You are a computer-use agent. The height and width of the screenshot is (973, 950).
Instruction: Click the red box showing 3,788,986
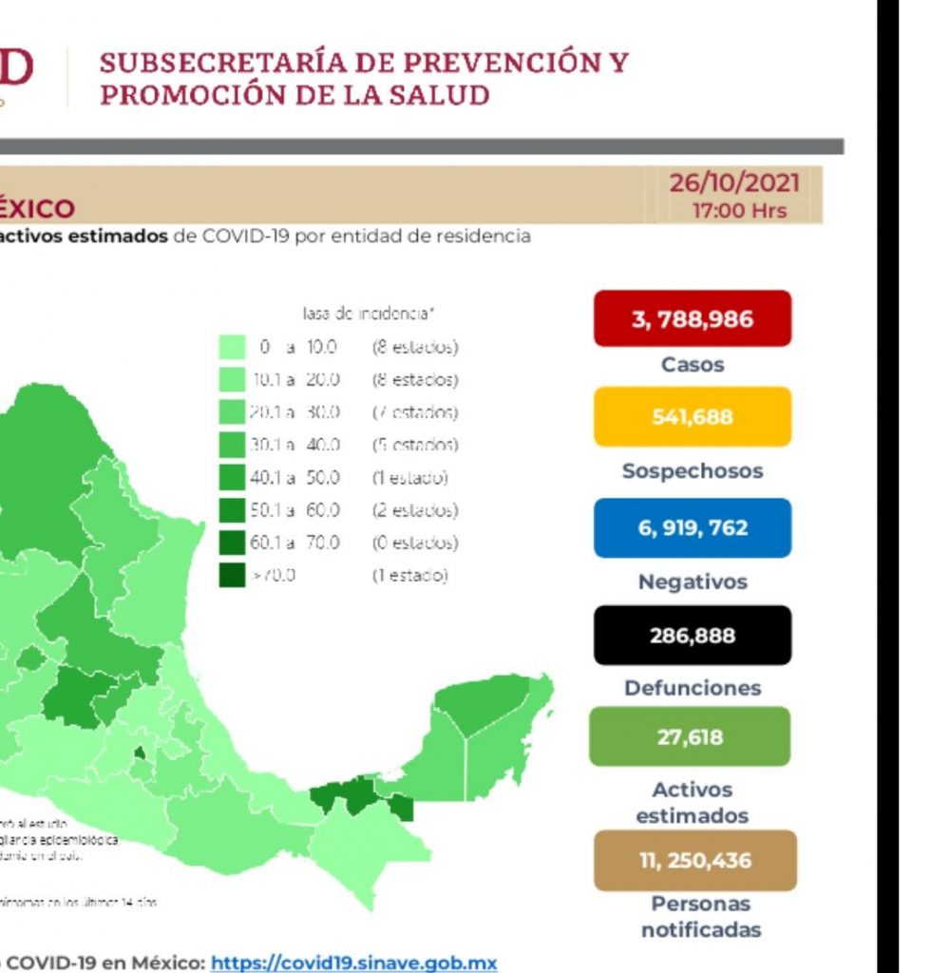693,318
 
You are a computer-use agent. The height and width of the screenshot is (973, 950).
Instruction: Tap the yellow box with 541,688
693,416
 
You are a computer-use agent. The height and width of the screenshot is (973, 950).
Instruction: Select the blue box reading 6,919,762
693,527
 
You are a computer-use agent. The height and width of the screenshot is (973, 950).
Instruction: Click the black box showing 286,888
693,635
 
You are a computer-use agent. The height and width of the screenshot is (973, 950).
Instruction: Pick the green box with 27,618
690,736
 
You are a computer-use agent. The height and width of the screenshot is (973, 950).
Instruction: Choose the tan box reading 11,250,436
694,861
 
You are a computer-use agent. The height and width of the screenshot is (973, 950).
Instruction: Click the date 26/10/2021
734,182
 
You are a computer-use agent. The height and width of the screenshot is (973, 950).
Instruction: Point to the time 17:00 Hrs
739,210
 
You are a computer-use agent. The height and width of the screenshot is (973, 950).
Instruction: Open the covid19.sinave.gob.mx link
353,963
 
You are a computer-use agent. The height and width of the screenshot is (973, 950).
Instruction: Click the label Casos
693,365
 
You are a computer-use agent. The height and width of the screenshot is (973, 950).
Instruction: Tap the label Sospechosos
693,471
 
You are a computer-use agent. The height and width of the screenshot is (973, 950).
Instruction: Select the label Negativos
693,582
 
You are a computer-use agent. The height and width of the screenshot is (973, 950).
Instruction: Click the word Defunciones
693,688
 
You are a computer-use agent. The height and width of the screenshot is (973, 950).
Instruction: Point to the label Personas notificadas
701,917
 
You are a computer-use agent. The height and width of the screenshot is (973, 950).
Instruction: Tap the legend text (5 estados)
415,445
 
